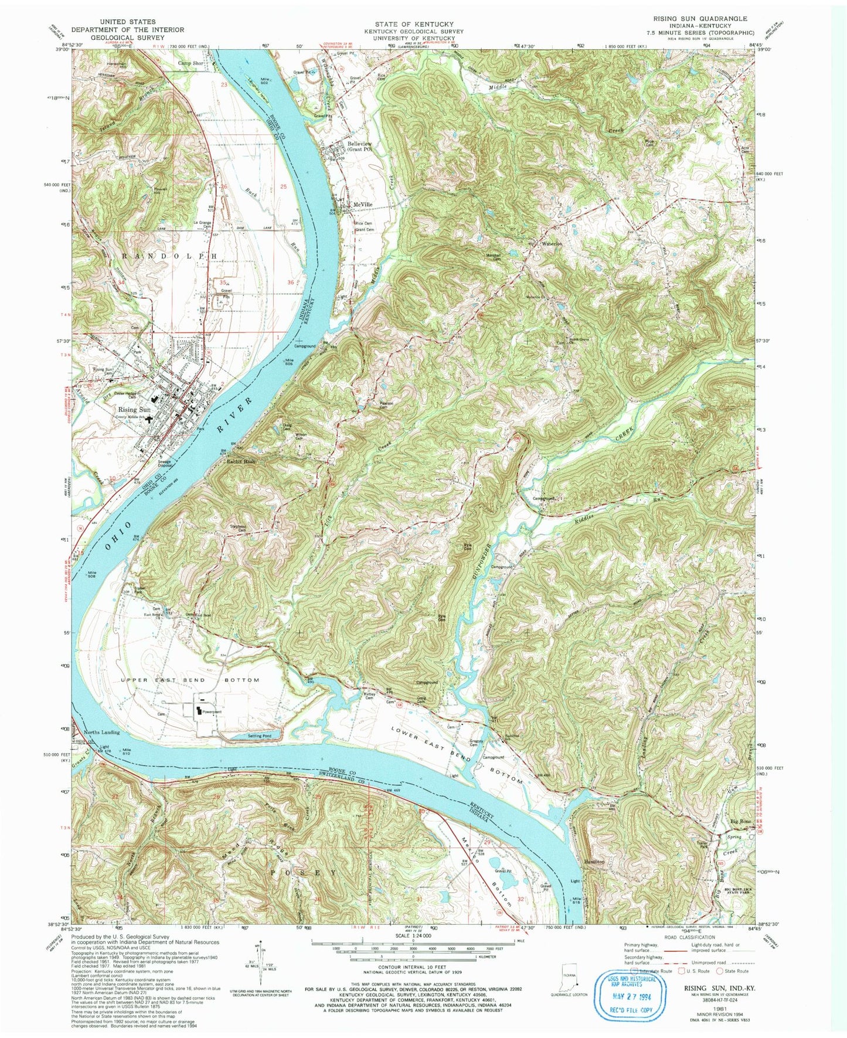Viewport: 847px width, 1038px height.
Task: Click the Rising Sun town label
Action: point(135,410)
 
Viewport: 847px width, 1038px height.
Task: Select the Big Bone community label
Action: point(740,822)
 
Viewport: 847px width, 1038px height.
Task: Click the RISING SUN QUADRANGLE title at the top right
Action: point(695,19)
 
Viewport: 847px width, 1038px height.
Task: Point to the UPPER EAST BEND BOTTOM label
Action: point(190,680)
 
